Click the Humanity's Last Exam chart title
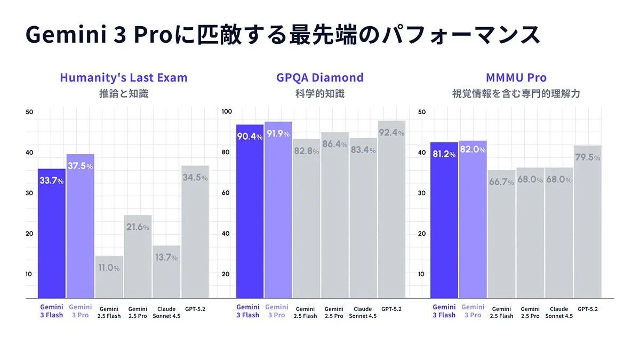pyautogui.click(x=124, y=77)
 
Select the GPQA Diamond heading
pyautogui.click(x=319, y=77)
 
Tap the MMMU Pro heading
pyautogui.click(x=516, y=77)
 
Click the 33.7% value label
pyautogui.click(x=51, y=181)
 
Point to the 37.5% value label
pyautogui.click(x=80, y=166)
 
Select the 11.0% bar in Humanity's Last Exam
pyautogui.click(x=109, y=277)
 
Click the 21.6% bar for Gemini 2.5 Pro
pyautogui.click(x=138, y=257)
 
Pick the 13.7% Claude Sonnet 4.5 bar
pyautogui.click(x=166, y=271)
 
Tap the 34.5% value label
pyautogui.click(x=195, y=178)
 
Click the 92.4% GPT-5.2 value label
pyautogui.click(x=391, y=133)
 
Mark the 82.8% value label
pyautogui.click(x=306, y=151)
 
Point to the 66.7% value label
pyautogui.click(x=501, y=182)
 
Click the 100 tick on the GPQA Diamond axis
pyautogui.click(x=227, y=111)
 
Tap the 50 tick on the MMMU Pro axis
pyautogui.click(x=421, y=111)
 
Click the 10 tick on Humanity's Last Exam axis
pyautogui.click(x=29, y=274)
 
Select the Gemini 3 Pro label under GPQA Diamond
pyautogui.click(x=277, y=311)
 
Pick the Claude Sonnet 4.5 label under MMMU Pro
pyautogui.click(x=559, y=313)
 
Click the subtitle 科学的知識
pyautogui.click(x=319, y=94)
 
